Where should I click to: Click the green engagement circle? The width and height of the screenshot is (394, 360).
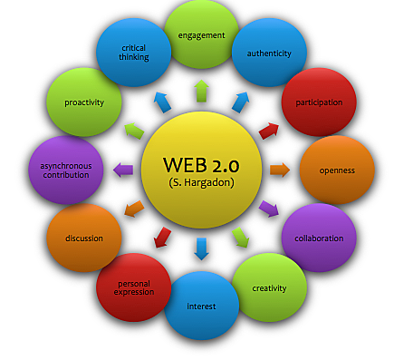[x=201, y=37]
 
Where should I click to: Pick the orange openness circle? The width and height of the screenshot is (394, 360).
[x=335, y=170]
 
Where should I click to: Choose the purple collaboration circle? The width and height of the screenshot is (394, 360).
[x=318, y=237]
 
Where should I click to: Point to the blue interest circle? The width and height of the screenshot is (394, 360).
[x=201, y=305]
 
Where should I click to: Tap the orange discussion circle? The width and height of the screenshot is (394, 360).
[x=83, y=238]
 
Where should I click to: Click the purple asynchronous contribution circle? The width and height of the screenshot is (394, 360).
[x=65, y=170]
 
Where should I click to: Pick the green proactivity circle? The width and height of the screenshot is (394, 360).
[x=83, y=102]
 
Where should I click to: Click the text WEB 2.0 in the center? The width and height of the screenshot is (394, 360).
[x=200, y=164]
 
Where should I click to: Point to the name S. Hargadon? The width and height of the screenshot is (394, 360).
[x=200, y=184]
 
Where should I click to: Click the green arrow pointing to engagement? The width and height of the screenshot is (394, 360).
[x=201, y=90]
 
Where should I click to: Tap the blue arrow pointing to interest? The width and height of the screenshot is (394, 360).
[x=201, y=248]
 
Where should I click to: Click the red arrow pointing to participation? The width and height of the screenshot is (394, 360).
[x=269, y=130]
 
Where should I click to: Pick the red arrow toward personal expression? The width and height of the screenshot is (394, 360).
[x=162, y=238]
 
